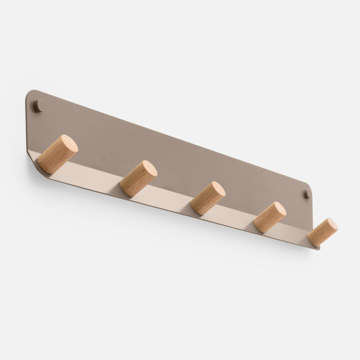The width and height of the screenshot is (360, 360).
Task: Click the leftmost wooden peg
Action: point(57,154)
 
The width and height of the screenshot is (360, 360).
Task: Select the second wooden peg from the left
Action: point(138,178)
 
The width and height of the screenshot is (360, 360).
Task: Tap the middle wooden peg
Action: point(207,198)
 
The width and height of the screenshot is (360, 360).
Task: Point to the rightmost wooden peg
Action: point(322,232)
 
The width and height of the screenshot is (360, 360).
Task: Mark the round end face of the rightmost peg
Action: point(330,226)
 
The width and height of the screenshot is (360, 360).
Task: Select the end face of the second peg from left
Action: point(149,169)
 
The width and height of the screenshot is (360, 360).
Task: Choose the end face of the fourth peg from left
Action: point(278,210)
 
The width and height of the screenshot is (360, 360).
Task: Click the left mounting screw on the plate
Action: point(38,106)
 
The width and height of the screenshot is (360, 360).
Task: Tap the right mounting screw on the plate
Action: point(307,194)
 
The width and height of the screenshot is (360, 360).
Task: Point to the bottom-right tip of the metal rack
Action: point(316,247)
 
